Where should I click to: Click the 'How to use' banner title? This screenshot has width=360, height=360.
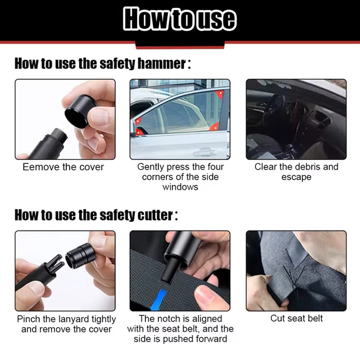click(180, 19)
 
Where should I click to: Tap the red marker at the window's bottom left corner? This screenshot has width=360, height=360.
click(138, 121)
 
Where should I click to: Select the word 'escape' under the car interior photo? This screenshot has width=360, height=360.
click(296, 177)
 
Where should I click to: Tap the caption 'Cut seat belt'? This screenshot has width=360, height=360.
click(296, 318)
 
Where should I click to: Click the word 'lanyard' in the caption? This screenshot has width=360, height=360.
click(66, 319)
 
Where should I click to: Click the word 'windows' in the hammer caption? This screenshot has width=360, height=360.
click(180, 187)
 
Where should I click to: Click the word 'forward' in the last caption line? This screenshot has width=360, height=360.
click(210, 339)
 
